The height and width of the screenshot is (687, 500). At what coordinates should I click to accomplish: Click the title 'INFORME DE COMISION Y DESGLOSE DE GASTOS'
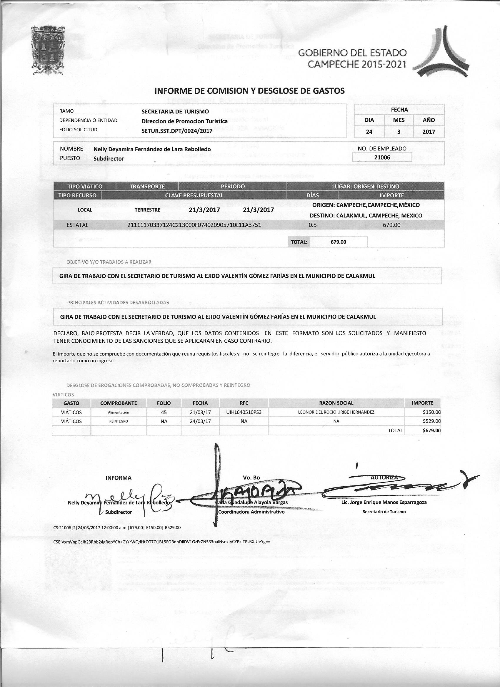click(249, 91)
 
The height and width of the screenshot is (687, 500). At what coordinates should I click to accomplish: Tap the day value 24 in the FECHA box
click(369, 131)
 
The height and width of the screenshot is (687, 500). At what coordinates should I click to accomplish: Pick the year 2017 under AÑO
click(429, 131)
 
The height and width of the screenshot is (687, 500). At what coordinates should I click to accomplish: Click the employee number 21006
click(382, 157)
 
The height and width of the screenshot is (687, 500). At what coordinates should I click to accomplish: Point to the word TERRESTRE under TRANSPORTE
click(147, 210)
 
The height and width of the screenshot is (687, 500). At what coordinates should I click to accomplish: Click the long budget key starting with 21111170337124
click(194, 225)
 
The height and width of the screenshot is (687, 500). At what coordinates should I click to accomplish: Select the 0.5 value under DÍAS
click(312, 225)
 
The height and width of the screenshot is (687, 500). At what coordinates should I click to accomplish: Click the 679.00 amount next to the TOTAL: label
click(339, 242)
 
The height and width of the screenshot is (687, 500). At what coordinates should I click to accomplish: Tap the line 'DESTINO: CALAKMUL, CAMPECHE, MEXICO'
click(366, 216)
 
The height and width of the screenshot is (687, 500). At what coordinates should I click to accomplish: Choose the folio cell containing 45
click(164, 412)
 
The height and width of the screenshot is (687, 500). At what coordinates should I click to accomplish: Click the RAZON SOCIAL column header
click(336, 403)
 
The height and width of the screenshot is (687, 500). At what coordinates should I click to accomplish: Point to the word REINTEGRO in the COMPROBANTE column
click(118, 421)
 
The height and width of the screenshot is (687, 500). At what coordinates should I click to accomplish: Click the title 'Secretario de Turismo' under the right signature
click(384, 512)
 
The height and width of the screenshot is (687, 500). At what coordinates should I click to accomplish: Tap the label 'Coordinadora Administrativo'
click(251, 512)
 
